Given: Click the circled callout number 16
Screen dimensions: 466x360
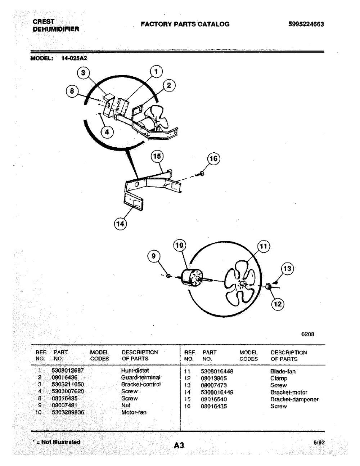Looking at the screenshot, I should (x=213, y=159).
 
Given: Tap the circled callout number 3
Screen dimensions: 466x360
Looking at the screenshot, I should (x=83, y=73).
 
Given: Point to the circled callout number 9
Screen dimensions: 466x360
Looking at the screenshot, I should (x=154, y=256).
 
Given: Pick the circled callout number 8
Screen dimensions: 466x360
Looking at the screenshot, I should (x=72, y=91).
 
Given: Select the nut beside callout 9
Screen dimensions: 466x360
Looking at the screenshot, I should (x=168, y=276).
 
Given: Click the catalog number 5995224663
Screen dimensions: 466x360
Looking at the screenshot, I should (x=306, y=24).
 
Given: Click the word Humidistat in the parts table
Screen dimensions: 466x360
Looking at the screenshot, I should (x=135, y=371).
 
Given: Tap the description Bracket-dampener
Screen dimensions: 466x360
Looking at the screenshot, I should (x=294, y=399).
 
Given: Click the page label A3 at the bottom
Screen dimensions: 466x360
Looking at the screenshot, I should (x=179, y=445).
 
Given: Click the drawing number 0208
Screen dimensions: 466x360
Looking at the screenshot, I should (x=308, y=334).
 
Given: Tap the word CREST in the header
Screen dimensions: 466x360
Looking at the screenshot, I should (x=44, y=22).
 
